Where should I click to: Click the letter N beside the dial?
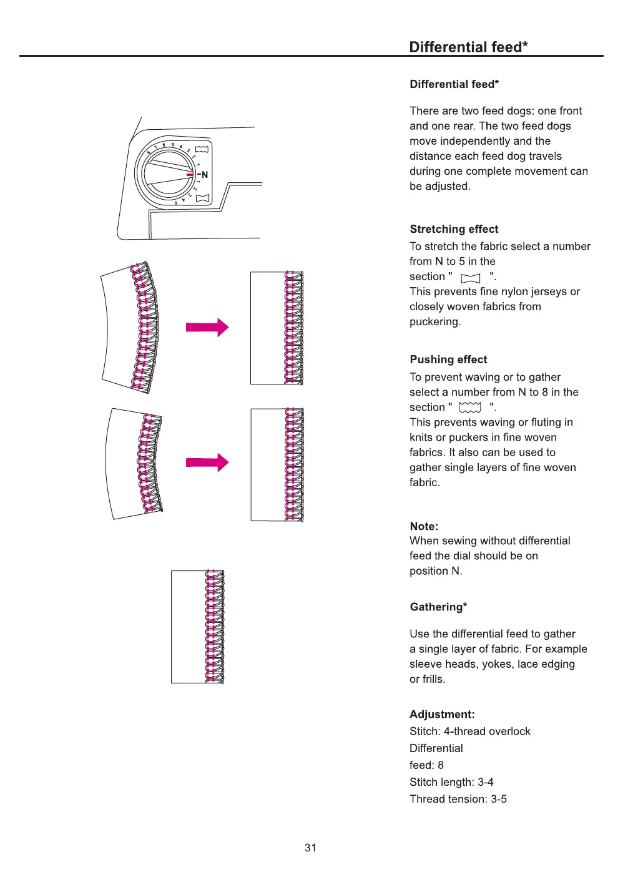coord(205,175)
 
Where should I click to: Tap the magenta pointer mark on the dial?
coord(190,175)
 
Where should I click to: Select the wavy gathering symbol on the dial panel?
coord(202,149)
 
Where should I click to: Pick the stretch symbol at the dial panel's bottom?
coord(202,198)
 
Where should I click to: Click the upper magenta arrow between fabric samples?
coord(207,327)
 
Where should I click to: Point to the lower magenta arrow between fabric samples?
coord(207,462)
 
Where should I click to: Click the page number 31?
coord(310,848)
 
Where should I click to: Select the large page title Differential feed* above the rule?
coord(468,47)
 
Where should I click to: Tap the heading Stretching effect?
coord(454,229)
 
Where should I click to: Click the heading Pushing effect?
coord(448,359)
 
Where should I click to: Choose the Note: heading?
coord(424,526)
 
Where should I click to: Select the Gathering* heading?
coord(438,607)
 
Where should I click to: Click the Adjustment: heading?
coord(442,715)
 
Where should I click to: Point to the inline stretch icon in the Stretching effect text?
coord(470,278)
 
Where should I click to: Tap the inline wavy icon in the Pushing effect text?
coord(470,408)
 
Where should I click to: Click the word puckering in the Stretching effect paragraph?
coord(434,321)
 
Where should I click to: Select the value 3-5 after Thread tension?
coord(499,799)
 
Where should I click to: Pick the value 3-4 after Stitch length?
coord(485,782)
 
